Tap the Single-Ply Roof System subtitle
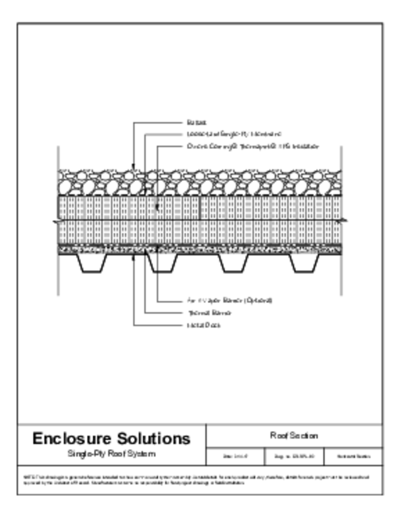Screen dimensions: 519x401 pos(111,454)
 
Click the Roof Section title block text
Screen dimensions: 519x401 pos(294,436)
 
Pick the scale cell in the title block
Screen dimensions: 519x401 pos(235,457)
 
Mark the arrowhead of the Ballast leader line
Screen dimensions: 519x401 pos(133,168)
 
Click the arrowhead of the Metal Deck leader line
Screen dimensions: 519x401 pos(133,256)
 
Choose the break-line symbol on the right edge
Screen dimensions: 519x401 pos(344,220)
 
